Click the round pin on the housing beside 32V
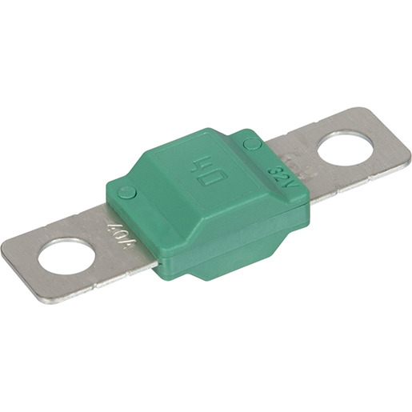[x=251, y=144]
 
